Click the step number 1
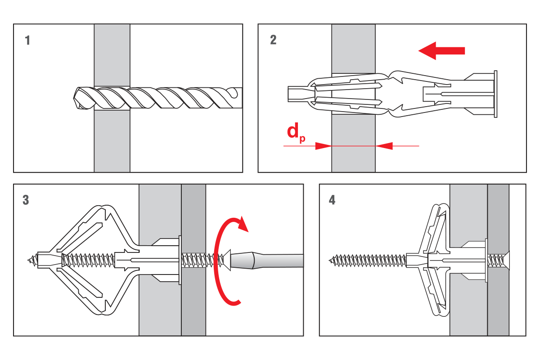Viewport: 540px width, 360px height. click(28, 40)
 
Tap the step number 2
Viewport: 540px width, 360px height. click(273, 40)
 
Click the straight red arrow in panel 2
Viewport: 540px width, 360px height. click(441, 50)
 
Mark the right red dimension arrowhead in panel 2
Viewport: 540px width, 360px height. click(383, 146)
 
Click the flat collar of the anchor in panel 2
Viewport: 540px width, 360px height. click(495, 94)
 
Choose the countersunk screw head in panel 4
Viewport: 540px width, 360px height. click(505, 260)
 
